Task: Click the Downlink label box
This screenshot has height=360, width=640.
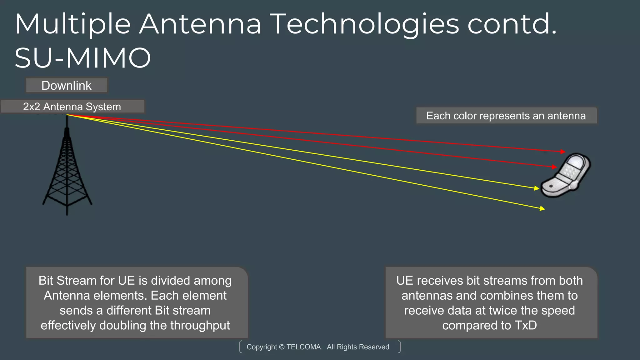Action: pos(67,85)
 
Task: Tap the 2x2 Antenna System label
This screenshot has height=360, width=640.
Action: pos(72,107)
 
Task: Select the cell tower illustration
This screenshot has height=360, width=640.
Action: pos(67,169)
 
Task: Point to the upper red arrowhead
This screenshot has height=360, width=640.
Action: pos(563,152)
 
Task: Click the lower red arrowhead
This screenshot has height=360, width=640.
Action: pos(555,167)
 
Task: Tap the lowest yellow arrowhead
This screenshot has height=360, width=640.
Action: pos(542,208)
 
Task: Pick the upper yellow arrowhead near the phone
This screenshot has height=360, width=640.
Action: pos(537,188)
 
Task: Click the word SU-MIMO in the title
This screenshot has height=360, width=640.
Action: pos(83,58)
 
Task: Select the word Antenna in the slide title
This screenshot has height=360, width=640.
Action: pos(200,24)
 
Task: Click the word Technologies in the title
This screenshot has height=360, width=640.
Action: pos(364,24)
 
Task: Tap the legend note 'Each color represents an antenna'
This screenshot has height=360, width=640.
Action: pos(506,116)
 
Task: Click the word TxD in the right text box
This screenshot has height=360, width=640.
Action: pos(526,325)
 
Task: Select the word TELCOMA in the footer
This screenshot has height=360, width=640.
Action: pos(304,347)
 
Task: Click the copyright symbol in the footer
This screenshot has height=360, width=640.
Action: pos(282,347)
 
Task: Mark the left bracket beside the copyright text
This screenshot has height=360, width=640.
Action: pos(241,347)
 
